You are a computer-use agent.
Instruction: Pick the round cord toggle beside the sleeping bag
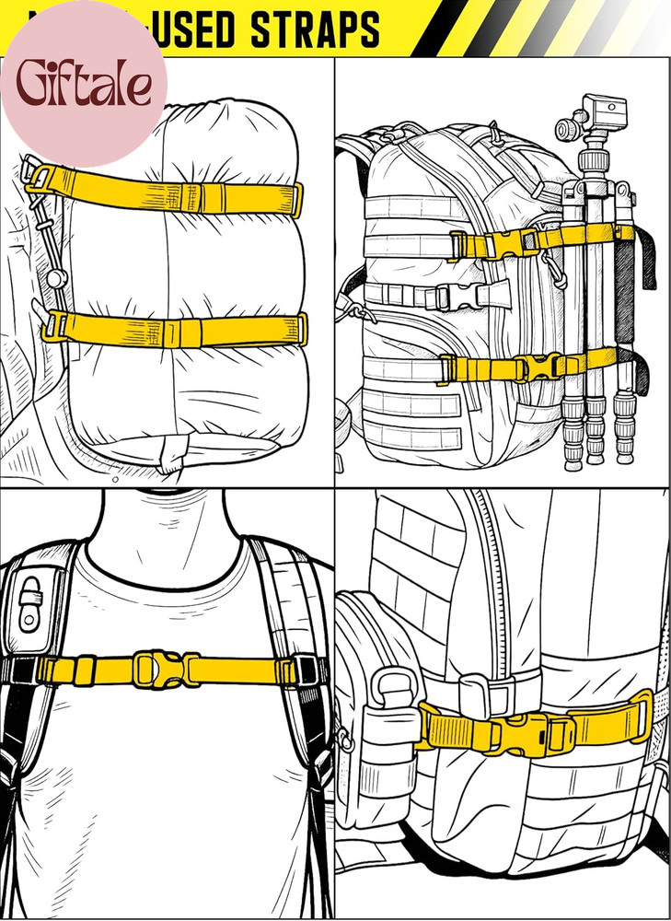(x=56, y=277)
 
